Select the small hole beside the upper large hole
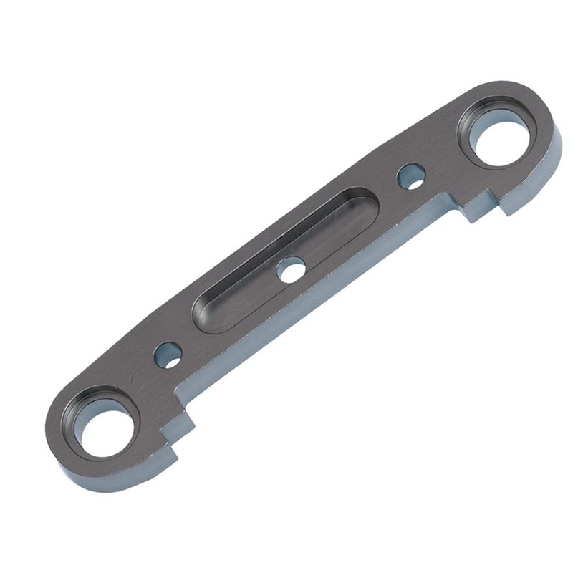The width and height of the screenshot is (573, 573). (411, 176)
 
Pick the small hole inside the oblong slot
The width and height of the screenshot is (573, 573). (292, 269)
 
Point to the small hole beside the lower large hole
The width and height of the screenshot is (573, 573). (168, 355)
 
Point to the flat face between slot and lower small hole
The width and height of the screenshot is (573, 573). (188, 337)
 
